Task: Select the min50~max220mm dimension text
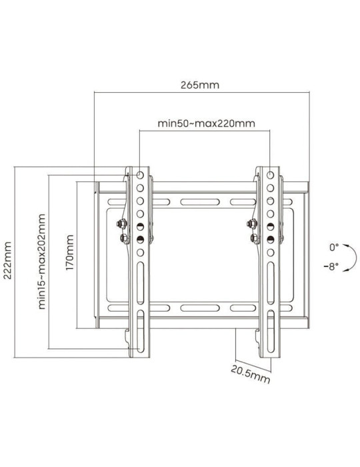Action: point(197,123)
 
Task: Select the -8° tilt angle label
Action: point(332,266)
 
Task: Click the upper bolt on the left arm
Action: point(121,223)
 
